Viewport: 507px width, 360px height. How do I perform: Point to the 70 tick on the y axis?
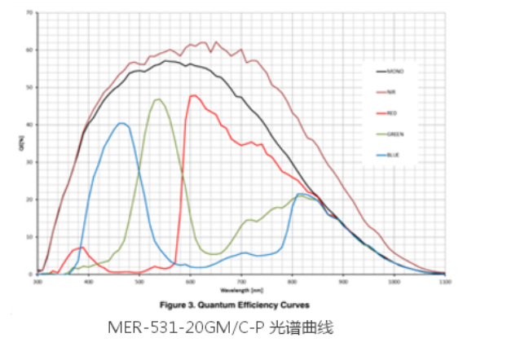coord(30,13)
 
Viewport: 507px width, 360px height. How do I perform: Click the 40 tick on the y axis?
coord(30,125)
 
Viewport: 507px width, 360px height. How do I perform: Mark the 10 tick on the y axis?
coord(30,237)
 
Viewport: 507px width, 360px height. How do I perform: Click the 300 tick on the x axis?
coord(37,282)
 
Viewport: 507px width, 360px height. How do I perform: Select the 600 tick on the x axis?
coord(191,282)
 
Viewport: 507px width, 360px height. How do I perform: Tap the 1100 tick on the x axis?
coord(445,282)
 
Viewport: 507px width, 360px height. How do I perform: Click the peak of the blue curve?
coord(121,123)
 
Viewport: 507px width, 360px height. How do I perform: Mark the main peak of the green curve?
coord(158,99)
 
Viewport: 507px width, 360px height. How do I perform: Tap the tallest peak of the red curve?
coord(194,95)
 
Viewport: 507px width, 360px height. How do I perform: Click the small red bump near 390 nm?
coord(82,247)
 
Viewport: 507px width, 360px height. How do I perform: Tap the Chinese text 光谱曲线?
coord(307,330)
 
